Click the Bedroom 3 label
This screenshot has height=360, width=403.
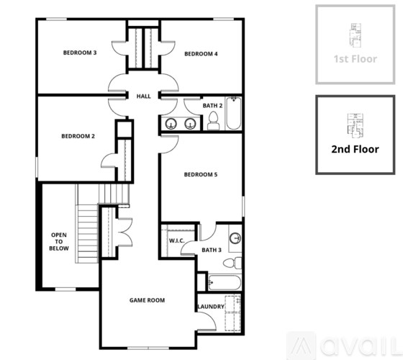[80, 53]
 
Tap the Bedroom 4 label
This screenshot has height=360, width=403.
[201, 53]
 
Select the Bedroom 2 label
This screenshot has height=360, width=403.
[78, 135]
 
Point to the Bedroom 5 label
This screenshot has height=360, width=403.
[201, 174]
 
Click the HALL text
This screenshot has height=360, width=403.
[143, 96]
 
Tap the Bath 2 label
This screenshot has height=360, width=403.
[212, 106]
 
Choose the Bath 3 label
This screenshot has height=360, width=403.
[212, 250]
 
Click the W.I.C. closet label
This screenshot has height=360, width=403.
[177, 240]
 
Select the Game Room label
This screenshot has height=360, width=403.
[147, 300]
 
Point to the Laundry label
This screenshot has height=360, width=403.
[211, 307]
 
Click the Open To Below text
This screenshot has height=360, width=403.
[58, 241]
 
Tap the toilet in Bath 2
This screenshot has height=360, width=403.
[213, 123]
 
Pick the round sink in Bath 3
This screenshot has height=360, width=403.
[235, 238]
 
